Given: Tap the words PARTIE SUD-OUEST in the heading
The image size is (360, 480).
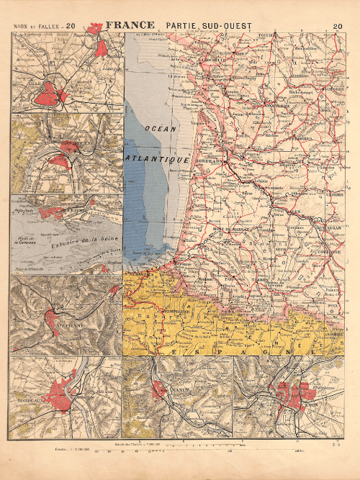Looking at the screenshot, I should tap(208, 27).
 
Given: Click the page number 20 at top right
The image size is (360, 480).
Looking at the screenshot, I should tap(338, 27).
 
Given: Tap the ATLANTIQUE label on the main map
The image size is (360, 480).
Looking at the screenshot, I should tap(158, 157).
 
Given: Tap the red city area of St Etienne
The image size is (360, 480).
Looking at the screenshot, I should tap(58, 317).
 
